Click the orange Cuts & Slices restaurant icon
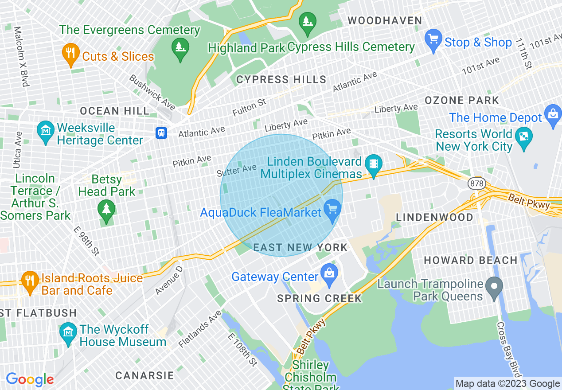[x=70, y=54]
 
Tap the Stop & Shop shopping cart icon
[x=433, y=39]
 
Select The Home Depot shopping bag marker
[x=554, y=115]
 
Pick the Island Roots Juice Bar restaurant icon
[x=30, y=281]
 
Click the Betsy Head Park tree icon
[x=106, y=210]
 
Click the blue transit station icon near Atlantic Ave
[x=161, y=133]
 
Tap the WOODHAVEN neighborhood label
[x=385, y=20]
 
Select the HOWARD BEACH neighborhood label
[x=471, y=260]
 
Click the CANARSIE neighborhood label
[x=144, y=375]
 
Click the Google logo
[x=30, y=379]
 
